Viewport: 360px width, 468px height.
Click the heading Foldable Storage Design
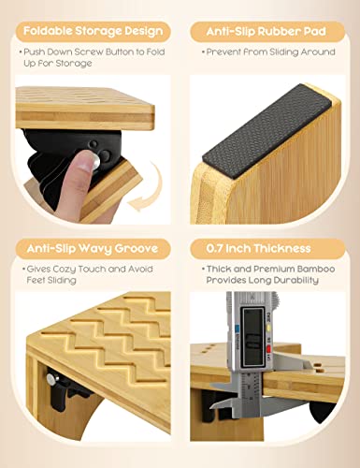93,31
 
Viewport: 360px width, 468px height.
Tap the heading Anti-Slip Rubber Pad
266,31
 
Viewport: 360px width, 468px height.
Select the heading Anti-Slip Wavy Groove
93,249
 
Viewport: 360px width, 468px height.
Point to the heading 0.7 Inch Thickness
258,249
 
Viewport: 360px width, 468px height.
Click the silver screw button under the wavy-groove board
50,379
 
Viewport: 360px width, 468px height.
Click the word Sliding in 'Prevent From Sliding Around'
280,52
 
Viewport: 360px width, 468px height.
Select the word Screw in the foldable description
85,51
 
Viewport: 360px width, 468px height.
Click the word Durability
295,280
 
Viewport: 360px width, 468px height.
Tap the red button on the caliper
267,348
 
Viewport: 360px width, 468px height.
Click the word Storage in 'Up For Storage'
74,64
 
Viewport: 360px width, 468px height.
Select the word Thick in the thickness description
218,269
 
